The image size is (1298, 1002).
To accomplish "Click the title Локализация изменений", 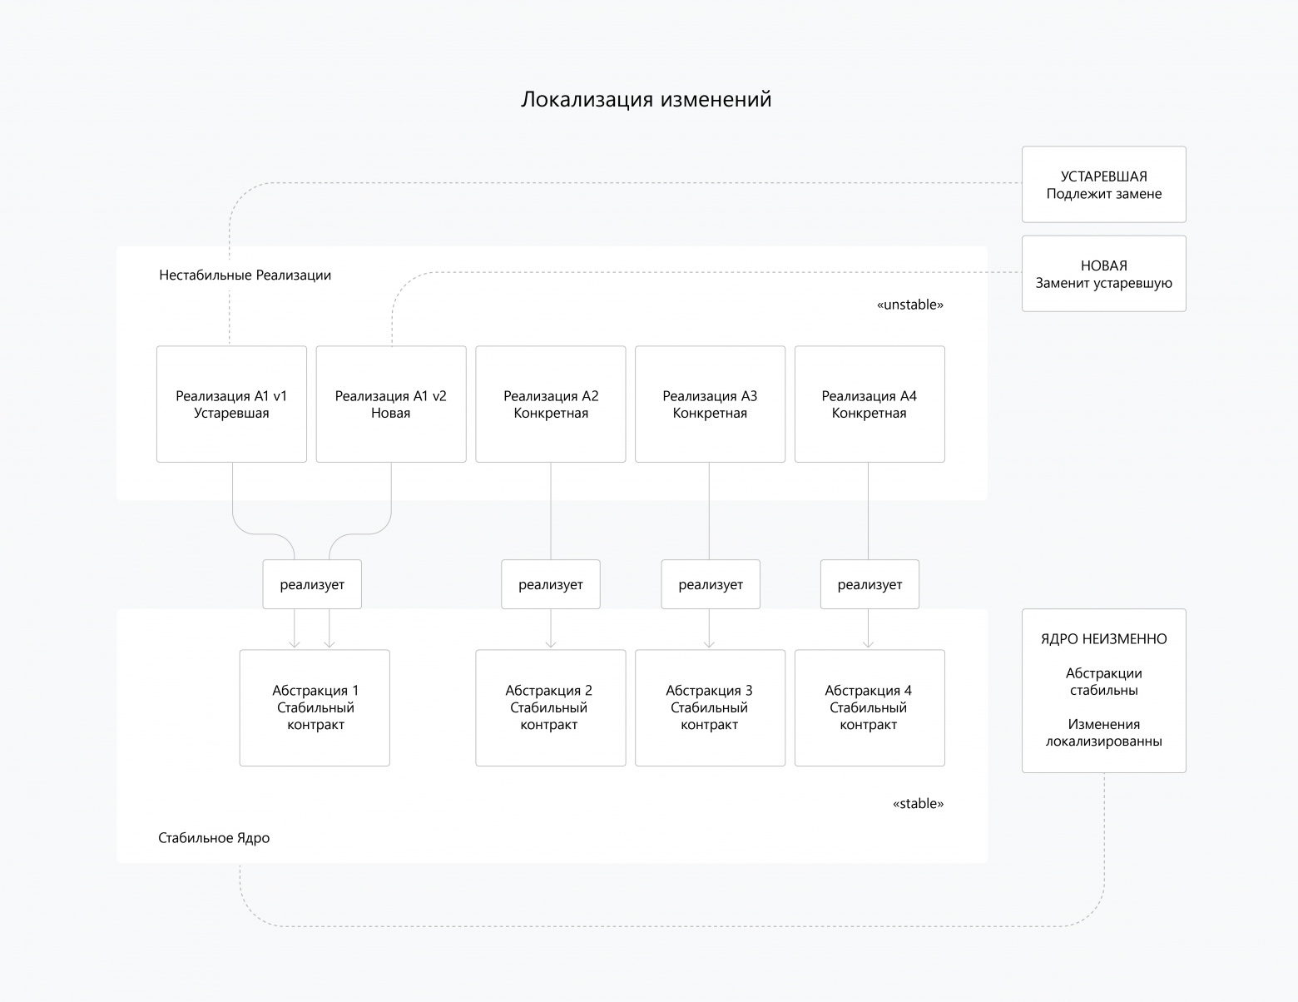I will coord(646,99).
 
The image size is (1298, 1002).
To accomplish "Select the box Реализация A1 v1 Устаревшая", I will coord(231,404).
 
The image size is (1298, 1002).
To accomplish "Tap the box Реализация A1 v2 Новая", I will coord(391,404).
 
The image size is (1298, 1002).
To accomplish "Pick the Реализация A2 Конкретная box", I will coord(550,404).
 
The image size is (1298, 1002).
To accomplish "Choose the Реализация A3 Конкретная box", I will coord(710,404).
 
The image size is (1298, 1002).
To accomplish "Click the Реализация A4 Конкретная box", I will coord(869,404).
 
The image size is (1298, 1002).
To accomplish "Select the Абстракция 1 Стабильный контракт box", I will coord(315,707).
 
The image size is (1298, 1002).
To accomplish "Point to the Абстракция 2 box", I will coord(550,707).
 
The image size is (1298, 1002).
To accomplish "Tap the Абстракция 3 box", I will coord(710,707).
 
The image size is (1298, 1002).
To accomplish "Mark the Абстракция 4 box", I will coord(869,707).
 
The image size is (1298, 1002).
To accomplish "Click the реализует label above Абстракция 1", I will coord(312,584).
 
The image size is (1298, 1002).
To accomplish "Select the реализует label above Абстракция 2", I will coord(550,584).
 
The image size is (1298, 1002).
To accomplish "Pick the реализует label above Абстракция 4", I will coord(869,584).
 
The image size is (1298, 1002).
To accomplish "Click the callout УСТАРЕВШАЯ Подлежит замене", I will coord(1103,185).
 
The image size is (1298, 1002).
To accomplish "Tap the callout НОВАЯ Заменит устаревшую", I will coord(1103,274).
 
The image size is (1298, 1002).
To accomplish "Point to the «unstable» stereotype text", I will coord(910,305).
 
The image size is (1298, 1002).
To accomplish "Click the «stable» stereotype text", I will coord(918,804).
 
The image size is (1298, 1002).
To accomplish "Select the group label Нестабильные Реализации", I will coord(245,275).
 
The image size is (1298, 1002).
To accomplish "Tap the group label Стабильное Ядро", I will coord(214,838).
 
